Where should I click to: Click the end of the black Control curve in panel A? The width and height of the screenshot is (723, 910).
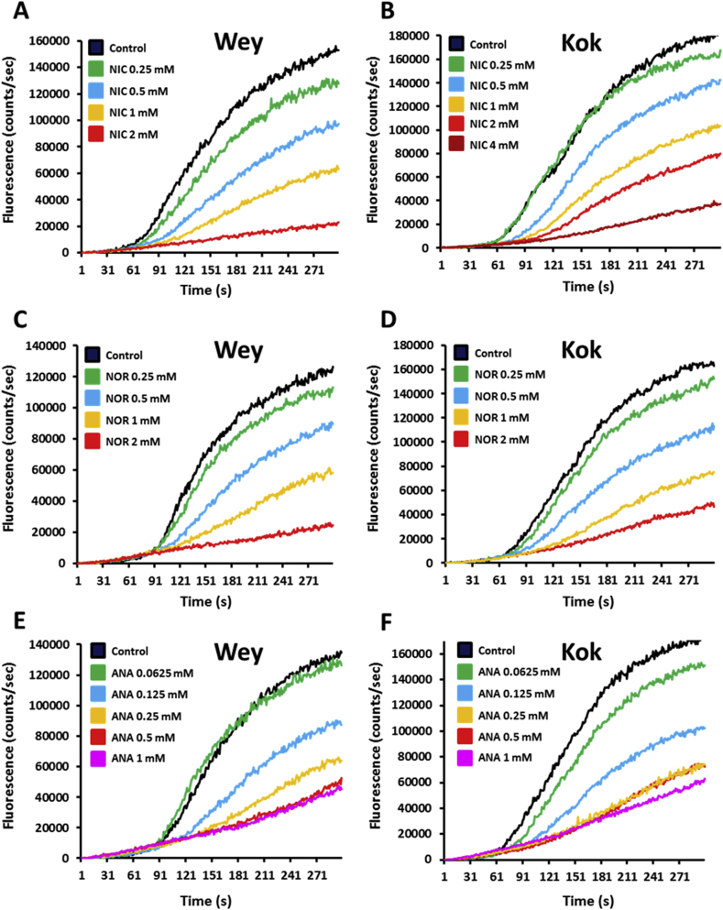[x=338, y=49]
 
